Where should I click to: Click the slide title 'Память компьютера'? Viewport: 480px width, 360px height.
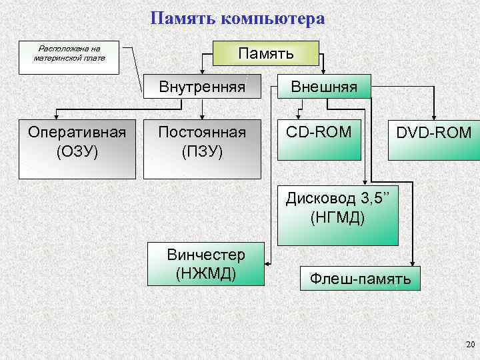point(237,18)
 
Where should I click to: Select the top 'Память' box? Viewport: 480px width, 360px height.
point(265,53)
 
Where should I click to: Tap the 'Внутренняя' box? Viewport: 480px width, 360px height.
point(201,87)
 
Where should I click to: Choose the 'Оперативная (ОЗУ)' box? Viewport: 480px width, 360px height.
point(77,149)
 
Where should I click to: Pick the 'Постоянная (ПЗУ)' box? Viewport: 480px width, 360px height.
point(201,149)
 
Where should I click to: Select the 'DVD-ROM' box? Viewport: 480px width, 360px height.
point(433,141)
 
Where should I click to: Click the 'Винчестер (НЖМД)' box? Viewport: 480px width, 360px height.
point(206,263)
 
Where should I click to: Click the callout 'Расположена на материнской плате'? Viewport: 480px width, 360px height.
point(69,54)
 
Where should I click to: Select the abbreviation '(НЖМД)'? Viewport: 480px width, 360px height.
point(206,273)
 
